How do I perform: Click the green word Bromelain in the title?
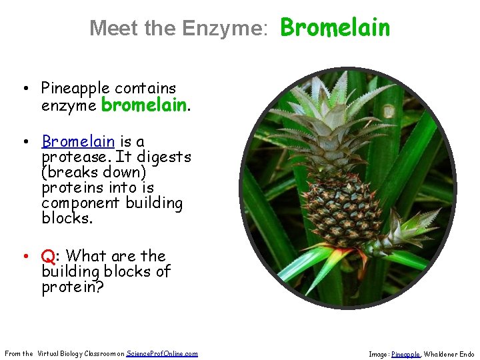coord(335,27)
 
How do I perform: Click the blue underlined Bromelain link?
coord(78,141)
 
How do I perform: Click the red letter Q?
coord(47,256)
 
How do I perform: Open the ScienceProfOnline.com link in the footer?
coord(162,353)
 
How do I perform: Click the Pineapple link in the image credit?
coord(405,355)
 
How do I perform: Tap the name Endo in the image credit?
coord(467,355)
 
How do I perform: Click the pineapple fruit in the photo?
coord(343,210)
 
